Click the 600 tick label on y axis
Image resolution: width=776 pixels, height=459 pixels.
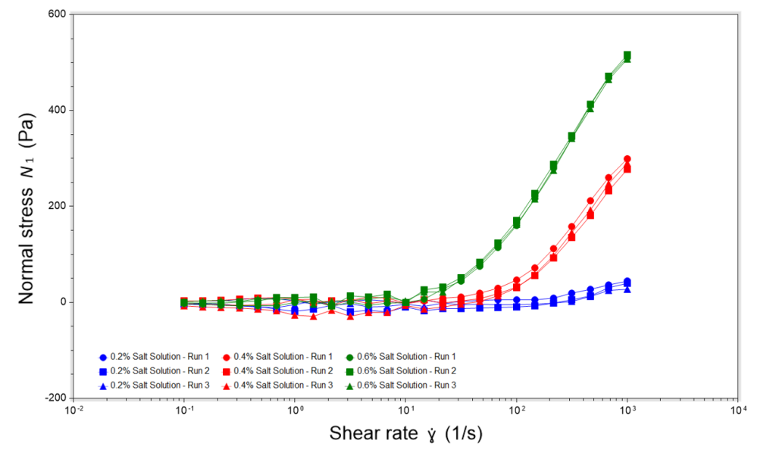[x=55, y=14]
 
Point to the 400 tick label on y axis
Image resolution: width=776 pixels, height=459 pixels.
[x=55, y=110]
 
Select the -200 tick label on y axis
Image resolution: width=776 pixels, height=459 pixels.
[x=53, y=398]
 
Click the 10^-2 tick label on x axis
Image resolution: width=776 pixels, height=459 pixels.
[x=74, y=411]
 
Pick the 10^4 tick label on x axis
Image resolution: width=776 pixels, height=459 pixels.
[x=738, y=411]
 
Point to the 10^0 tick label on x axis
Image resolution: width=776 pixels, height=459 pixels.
[x=295, y=411]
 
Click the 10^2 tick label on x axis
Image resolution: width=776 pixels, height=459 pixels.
[x=516, y=411]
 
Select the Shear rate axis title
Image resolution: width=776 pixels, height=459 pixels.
[x=405, y=434]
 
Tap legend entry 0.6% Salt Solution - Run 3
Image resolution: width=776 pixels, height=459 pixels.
[x=405, y=386]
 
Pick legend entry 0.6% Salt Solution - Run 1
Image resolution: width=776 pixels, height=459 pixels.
[x=405, y=356]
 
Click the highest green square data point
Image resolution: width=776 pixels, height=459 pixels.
[x=627, y=55]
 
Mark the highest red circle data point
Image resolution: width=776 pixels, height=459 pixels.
[x=627, y=159]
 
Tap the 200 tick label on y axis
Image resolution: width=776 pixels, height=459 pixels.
[x=55, y=206]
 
